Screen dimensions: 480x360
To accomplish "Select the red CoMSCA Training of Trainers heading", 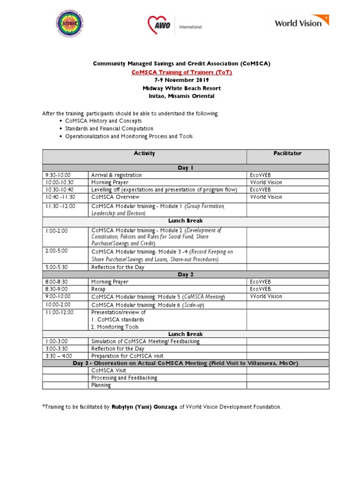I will [181, 73].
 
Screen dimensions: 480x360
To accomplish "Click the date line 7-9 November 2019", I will [181, 80].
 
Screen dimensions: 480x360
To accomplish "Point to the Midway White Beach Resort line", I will [181, 88].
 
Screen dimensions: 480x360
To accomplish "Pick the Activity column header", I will [144, 154].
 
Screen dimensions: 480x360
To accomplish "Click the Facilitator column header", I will [287, 154].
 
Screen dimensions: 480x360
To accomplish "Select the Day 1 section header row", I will [186, 168].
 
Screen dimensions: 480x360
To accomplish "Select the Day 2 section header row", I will [186, 275].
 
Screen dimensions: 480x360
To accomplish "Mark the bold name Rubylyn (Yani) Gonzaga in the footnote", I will [144, 407].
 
